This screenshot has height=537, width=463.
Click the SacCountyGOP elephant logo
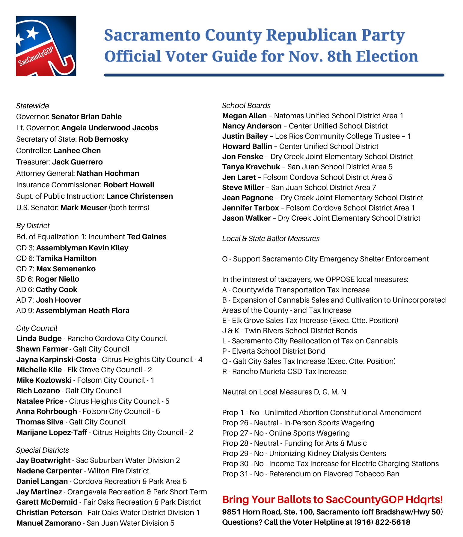46,46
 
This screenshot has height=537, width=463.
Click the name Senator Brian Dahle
86,117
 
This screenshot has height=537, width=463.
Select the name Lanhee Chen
77,151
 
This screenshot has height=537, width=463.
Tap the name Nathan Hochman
108,173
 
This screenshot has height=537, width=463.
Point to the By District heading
33,226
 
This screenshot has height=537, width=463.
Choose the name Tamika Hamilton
67,258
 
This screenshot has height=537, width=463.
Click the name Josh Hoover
58,300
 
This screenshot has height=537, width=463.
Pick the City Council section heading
37,328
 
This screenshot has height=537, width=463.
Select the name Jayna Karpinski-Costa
56,360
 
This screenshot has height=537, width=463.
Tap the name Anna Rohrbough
47,412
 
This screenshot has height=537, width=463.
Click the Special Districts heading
42,450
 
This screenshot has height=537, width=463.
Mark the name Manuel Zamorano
49,523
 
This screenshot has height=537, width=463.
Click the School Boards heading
246,106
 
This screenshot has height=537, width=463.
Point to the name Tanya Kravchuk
251,167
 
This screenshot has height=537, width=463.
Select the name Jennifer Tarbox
251,208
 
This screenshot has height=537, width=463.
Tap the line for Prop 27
286,433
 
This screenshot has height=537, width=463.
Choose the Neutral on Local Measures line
284,392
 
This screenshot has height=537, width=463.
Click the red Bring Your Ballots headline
332,500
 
